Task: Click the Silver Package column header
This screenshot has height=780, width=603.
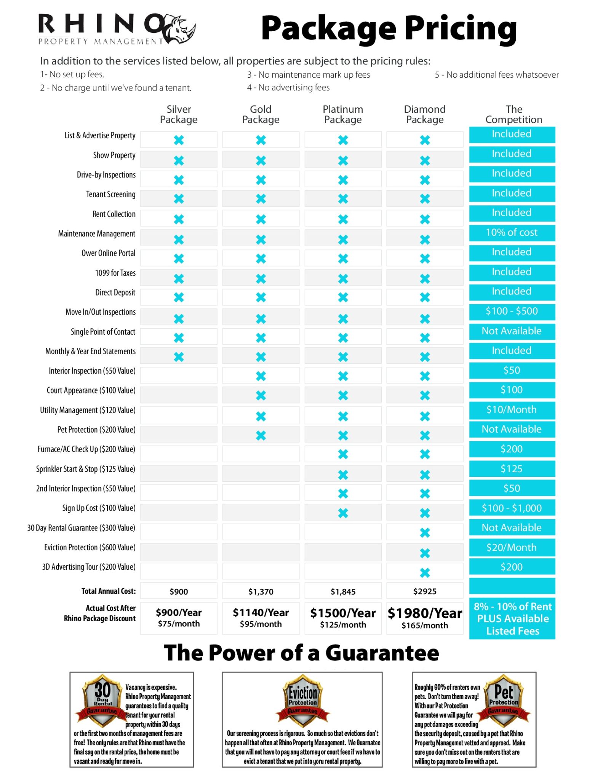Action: click(179, 114)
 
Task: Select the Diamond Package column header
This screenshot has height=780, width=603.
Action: click(425, 114)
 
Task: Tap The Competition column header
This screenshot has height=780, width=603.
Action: click(513, 114)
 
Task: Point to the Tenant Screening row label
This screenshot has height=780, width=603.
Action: click(110, 195)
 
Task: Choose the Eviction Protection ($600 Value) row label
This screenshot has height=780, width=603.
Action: click(90, 548)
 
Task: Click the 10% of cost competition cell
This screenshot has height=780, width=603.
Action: click(512, 233)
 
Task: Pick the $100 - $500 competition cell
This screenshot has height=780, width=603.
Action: click(512, 312)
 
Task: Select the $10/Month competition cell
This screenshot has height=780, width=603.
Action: click(512, 410)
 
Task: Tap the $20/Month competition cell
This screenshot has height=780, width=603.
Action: click(512, 548)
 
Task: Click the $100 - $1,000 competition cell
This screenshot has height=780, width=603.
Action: click(512, 508)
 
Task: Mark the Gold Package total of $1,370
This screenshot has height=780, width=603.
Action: click(261, 592)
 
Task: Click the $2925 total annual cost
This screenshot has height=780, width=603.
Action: click(425, 591)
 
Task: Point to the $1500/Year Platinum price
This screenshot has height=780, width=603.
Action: click(343, 613)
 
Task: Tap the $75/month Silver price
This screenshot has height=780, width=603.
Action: click(179, 624)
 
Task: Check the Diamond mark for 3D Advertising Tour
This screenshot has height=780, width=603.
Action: click(425, 573)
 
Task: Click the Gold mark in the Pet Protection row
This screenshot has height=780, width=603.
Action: click(261, 435)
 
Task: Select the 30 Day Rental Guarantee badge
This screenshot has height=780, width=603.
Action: click(102, 701)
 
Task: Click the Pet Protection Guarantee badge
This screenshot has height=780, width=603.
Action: click(504, 701)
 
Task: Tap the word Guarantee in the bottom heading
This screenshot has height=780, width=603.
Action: click(382, 653)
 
